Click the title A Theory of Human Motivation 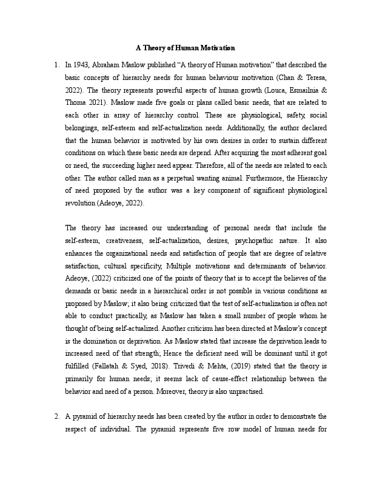(x=185, y=47)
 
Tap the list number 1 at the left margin (x=56, y=64)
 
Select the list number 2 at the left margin (x=56, y=416)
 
